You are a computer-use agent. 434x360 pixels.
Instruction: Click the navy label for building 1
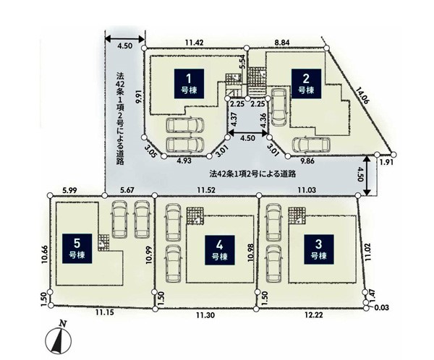189,84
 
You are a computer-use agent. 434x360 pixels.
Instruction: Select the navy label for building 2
306,84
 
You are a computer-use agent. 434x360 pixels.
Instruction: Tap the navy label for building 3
319,249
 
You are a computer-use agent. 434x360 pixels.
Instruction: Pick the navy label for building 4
220,250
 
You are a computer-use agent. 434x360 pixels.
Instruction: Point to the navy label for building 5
77,249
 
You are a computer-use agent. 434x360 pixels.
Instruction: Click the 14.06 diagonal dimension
362,95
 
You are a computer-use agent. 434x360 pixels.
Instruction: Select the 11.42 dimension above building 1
195,43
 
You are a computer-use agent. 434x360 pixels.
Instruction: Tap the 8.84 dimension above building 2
282,43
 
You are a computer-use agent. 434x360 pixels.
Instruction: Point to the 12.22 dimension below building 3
314,315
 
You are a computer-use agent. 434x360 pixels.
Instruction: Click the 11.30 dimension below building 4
205,315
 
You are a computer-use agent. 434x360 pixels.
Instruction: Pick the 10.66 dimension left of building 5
45,254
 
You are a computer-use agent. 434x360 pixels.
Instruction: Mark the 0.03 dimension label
382,307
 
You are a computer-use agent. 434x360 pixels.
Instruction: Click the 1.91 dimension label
386,162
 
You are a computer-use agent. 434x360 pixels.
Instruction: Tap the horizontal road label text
252,173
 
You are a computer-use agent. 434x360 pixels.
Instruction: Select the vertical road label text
119,119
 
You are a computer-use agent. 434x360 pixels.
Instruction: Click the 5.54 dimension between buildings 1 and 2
242,61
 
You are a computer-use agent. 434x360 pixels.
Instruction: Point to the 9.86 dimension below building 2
307,160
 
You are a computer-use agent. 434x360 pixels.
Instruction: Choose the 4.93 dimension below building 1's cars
184,160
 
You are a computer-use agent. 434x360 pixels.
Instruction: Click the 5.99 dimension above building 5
69,190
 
